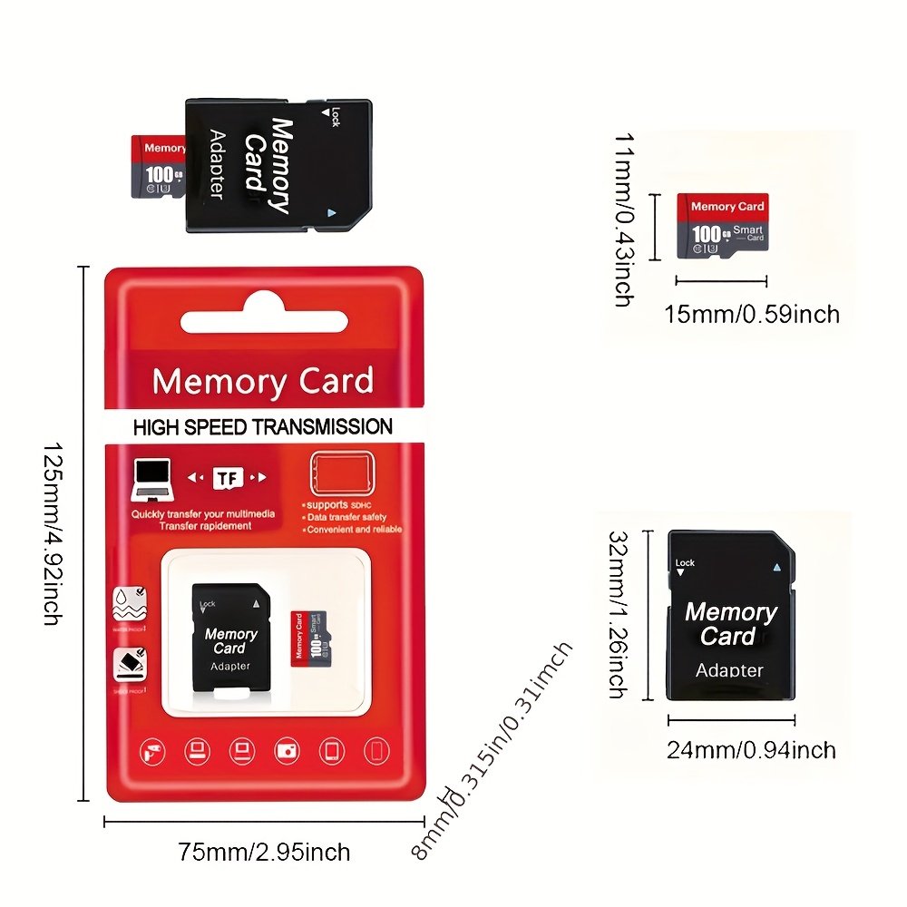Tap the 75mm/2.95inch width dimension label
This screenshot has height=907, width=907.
click(264, 852)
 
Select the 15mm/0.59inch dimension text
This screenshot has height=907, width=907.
click(752, 314)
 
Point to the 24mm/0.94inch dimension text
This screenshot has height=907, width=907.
click(751, 750)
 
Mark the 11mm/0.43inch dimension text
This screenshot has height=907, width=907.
click(623, 219)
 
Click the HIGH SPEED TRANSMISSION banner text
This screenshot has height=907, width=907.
click(263, 427)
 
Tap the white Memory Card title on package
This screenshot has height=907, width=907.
click(263, 381)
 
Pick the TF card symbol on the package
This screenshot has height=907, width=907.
click(226, 479)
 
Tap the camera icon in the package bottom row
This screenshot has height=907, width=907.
click(287, 750)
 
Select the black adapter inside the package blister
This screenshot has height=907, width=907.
click(230, 640)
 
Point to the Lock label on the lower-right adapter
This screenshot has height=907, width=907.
click(685, 563)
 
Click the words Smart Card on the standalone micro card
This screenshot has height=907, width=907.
click(748, 234)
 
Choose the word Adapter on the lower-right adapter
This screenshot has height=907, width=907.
click(729, 670)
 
